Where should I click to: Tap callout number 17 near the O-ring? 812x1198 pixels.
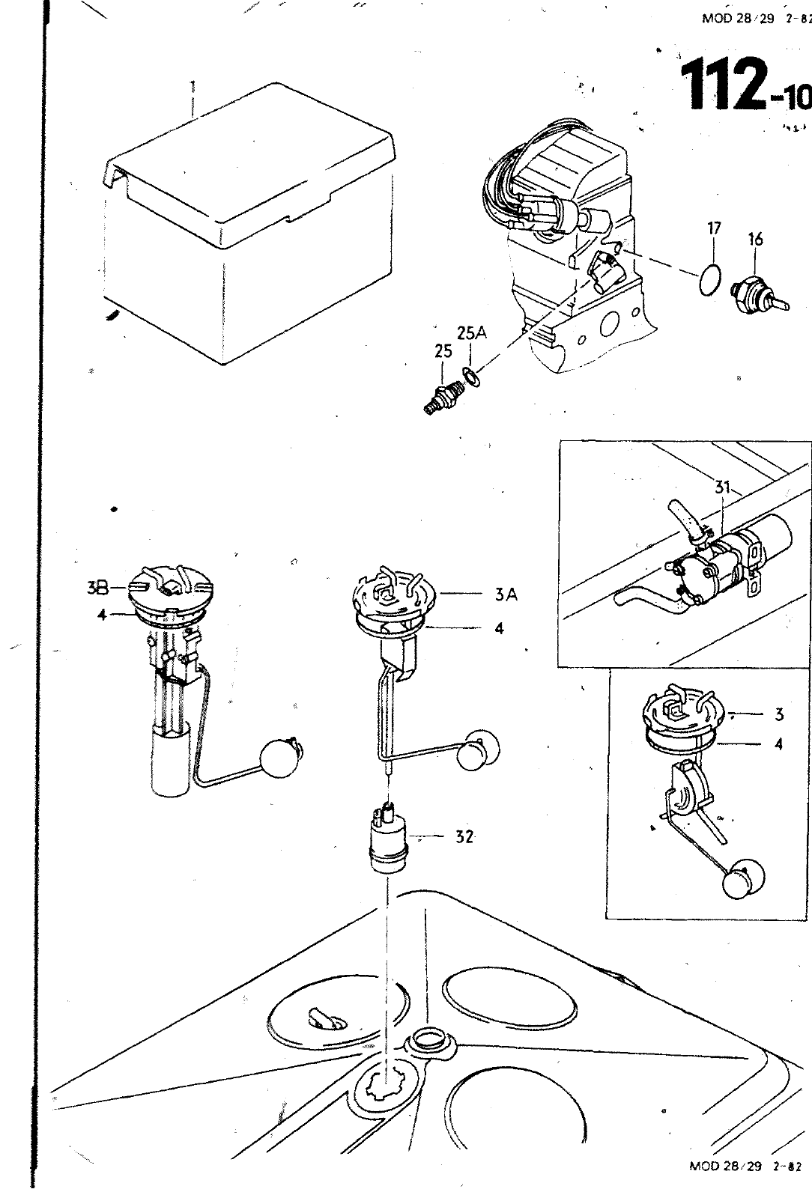(x=714, y=228)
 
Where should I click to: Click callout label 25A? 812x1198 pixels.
(x=472, y=334)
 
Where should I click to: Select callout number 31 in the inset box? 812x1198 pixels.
(x=723, y=487)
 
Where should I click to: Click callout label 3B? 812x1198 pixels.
(x=98, y=588)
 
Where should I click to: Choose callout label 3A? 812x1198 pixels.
(x=506, y=595)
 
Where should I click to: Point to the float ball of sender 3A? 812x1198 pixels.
(x=478, y=749)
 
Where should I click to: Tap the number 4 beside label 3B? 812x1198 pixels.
(x=102, y=615)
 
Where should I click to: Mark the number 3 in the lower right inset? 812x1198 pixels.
(x=779, y=714)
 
